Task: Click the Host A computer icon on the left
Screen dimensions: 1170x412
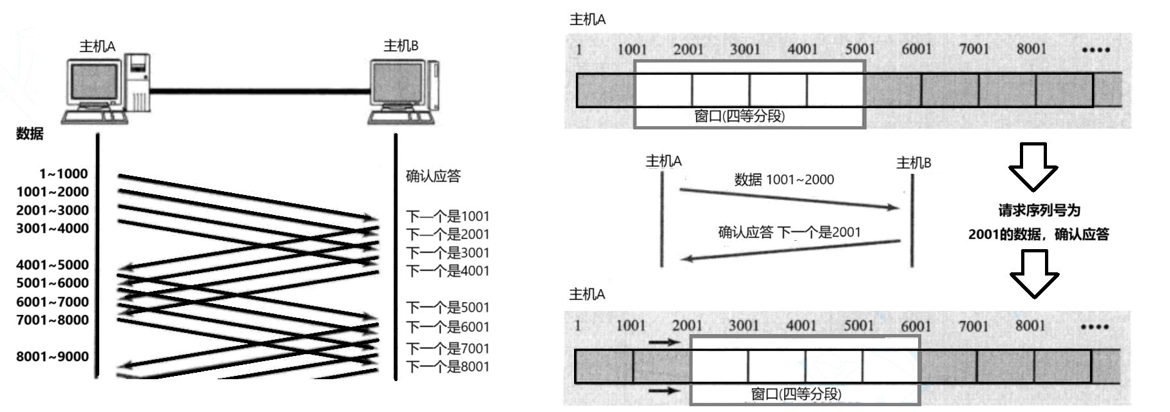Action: tap(106, 89)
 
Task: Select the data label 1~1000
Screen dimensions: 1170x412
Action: tap(63, 174)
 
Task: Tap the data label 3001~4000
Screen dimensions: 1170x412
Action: tap(52, 229)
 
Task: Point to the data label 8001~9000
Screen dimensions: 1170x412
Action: tap(52, 357)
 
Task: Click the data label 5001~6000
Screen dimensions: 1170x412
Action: tap(52, 283)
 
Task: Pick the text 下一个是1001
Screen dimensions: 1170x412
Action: tap(448, 216)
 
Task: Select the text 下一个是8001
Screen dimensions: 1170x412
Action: tap(448, 367)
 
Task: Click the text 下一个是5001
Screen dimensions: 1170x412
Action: tap(448, 308)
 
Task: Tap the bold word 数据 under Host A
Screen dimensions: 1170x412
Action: tap(30, 134)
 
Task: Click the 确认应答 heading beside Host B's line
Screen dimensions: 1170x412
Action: tap(433, 176)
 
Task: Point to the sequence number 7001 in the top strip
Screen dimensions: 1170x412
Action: tap(973, 49)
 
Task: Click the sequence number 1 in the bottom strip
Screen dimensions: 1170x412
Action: tap(578, 325)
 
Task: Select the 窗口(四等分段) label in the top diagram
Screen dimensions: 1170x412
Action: tap(739, 117)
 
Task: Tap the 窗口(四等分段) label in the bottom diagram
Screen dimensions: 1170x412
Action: tap(796, 394)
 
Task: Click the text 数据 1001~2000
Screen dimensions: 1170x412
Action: tap(784, 180)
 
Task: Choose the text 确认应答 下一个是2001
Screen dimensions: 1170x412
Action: tap(789, 232)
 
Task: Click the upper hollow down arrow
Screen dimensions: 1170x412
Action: tap(1033, 167)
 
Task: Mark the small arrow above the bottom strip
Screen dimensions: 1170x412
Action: tap(664, 342)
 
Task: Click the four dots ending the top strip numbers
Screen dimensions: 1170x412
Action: tap(1095, 50)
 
